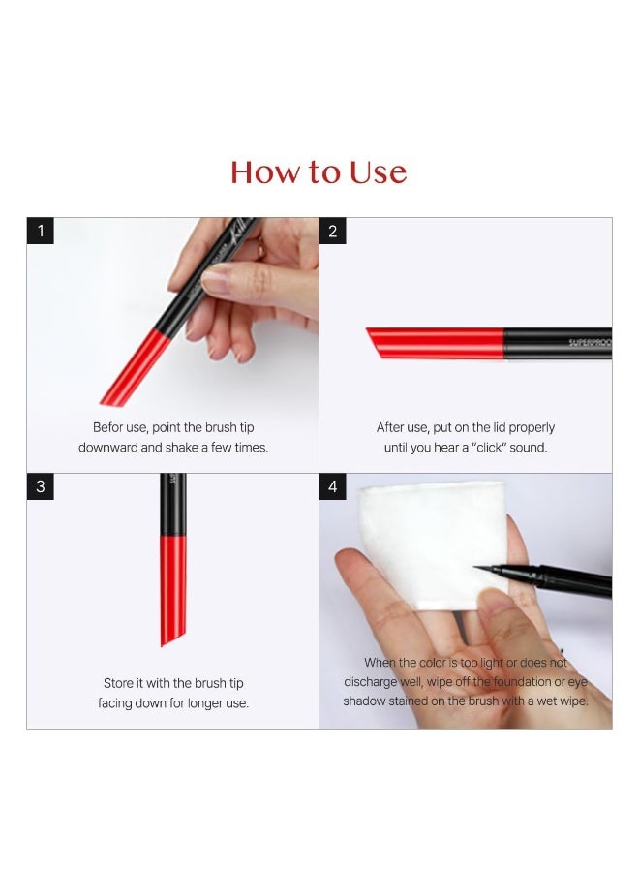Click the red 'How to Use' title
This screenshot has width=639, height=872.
pyautogui.click(x=319, y=172)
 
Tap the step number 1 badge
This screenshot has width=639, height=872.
pyautogui.click(x=40, y=231)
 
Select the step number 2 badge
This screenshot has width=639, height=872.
pyautogui.click(x=333, y=231)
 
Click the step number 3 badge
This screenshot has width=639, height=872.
pyautogui.click(x=40, y=486)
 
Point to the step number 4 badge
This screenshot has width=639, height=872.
pyautogui.click(x=333, y=486)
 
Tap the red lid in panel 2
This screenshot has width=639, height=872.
pyautogui.click(x=436, y=343)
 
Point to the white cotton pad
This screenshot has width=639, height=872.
pyautogui.click(x=431, y=543)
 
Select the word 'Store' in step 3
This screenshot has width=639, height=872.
pyautogui.click(x=120, y=683)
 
